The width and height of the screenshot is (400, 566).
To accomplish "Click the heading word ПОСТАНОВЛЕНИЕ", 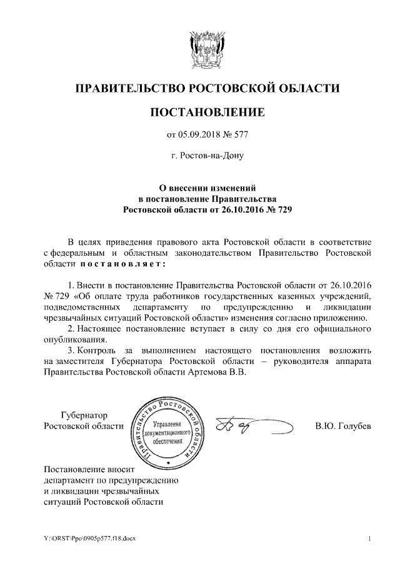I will pos(207,113).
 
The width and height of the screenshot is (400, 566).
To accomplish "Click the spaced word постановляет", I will pos(122,263).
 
